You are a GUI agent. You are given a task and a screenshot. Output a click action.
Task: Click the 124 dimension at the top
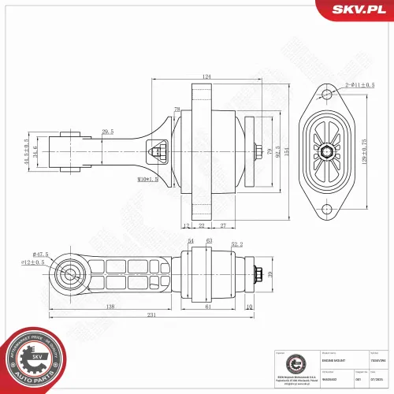click(206, 76)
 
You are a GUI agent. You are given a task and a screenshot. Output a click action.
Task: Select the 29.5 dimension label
click(108, 132)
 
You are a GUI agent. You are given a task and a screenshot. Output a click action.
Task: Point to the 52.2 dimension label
click(236, 244)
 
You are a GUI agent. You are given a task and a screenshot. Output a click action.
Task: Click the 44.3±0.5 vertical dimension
click(27, 151)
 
